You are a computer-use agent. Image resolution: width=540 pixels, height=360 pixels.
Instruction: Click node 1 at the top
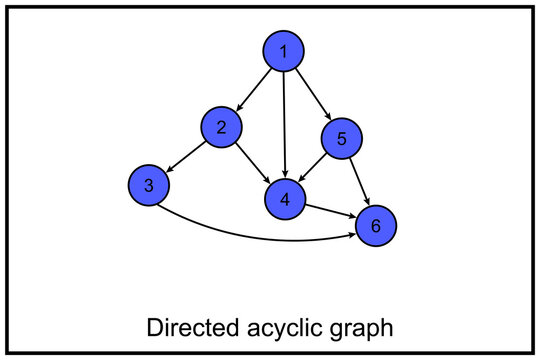[x=284, y=51]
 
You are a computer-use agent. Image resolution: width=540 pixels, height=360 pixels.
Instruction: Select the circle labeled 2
[x=221, y=127]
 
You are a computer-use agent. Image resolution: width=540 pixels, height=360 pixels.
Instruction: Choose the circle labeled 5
[x=342, y=139]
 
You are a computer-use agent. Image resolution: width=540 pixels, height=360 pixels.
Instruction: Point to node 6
[x=376, y=226]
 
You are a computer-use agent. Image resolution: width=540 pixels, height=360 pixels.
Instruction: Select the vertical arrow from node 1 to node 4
[x=285, y=125]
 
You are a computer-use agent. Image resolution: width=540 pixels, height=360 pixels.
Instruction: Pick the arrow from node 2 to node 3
[x=186, y=155]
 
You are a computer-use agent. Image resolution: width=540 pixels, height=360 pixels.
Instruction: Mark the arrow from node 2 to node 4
[x=252, y=162]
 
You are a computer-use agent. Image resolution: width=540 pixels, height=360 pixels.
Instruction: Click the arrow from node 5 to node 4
[x=314, y=168]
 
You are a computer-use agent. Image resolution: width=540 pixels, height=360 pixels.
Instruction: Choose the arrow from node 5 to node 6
[x=359, y=182]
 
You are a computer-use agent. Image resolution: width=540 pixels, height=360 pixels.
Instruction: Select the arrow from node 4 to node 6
[x=330, y=212]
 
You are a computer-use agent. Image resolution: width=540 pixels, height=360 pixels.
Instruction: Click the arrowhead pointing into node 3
[x=169, y=169]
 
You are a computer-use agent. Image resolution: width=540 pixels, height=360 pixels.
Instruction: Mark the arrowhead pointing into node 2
[x=238, y=107]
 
